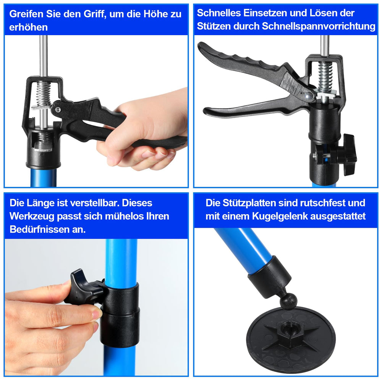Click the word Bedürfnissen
[39, 229]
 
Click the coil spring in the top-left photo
[44, 94]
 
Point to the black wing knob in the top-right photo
[348, 154]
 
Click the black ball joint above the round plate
[288, 302]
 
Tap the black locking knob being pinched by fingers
[84, 288]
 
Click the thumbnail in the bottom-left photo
[97, 314]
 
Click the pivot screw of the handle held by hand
[58, 110]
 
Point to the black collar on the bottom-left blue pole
[120, 314]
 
